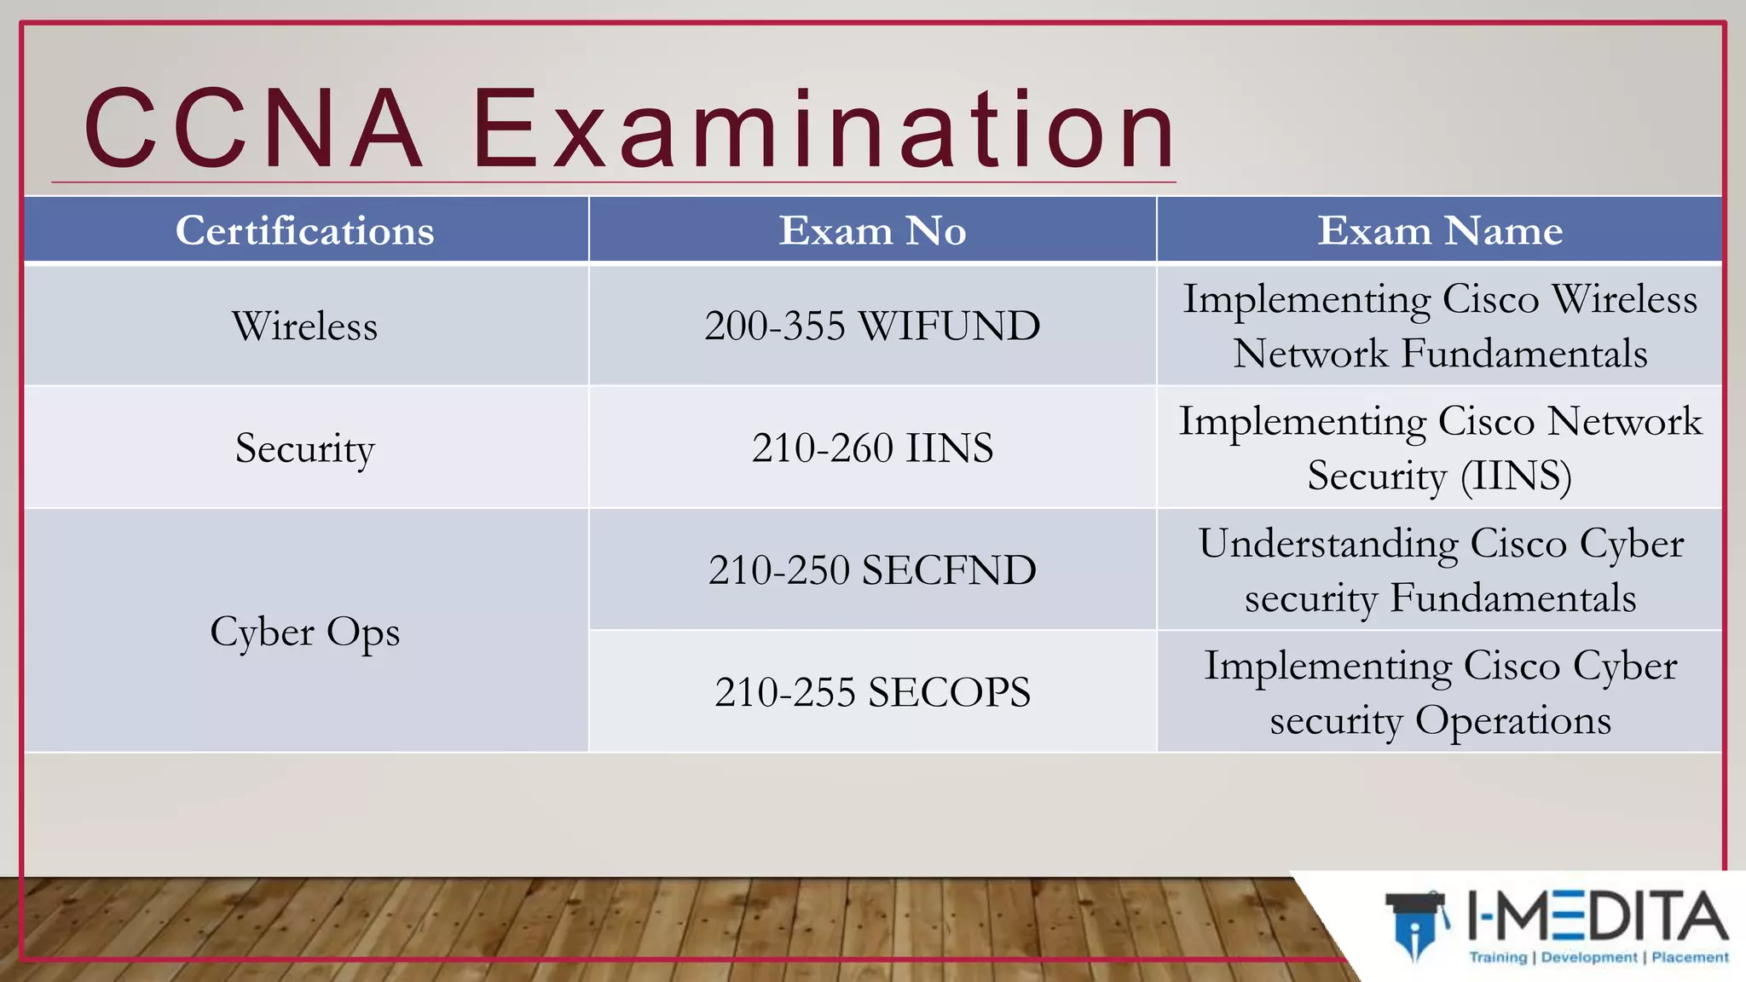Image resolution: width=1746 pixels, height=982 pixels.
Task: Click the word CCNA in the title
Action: [x=253, y=129]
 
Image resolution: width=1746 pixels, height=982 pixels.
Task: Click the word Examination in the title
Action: [x=824, y=129]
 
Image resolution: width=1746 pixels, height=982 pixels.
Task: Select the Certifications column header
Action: [x=305, y=230]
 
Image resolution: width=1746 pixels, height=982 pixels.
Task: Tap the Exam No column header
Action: [x=872, y=230]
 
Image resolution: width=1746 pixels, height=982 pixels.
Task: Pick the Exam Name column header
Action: [x=1440, y=230]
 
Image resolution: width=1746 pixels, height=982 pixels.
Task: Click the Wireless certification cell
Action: [x=305, y=326]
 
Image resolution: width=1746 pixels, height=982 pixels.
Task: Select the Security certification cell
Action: [x=305, y=448]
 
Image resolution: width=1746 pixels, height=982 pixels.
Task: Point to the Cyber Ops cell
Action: [x=305, y=632]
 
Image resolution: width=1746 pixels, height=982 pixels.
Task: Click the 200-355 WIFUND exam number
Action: [x=872, y=326]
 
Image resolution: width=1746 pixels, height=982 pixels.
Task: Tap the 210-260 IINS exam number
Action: [x=872, y=448]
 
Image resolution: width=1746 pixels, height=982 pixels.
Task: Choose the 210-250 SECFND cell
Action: [x=872, y=570]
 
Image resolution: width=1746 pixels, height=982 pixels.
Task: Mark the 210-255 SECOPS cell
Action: [x=872, y=692]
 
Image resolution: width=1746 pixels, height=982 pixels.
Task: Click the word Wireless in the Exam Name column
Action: [x=1624, y=299]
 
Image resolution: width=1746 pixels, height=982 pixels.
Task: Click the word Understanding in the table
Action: [x=1328, y=544]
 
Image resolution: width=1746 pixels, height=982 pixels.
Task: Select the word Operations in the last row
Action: [x=1513, y=720]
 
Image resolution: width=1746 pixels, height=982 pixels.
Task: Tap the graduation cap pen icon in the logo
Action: [x=1416, y=926]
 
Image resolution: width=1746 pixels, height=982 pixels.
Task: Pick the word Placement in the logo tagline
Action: [x=1690, y=957]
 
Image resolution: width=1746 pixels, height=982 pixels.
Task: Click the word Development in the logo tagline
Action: [x=1589, y=957]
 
